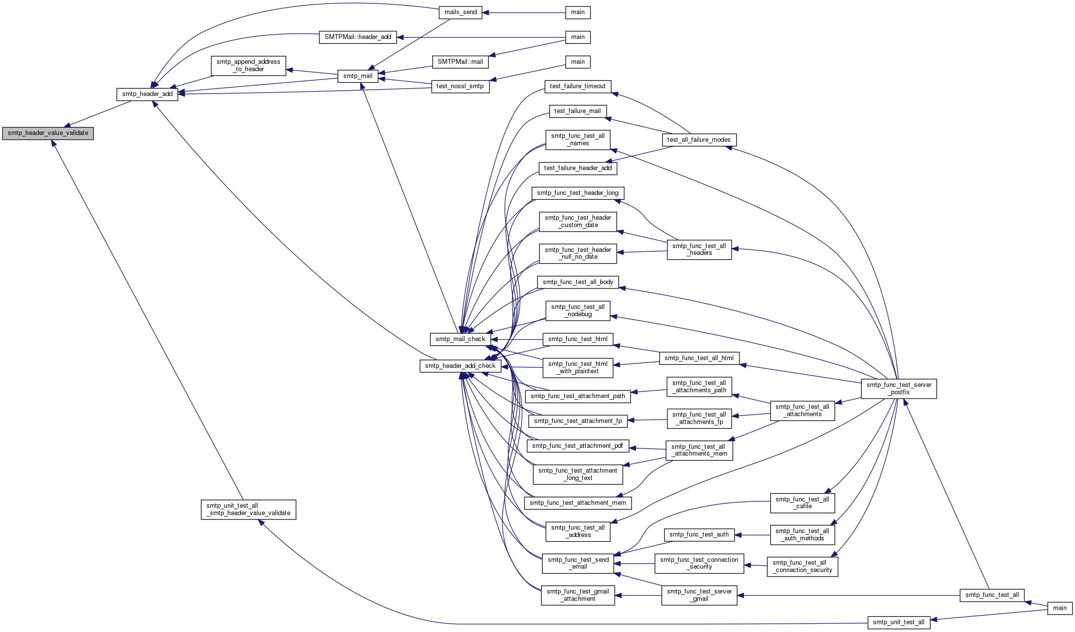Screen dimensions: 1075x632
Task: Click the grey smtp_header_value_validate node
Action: coord(48,133)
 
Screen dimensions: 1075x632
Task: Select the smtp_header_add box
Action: coord(148,94)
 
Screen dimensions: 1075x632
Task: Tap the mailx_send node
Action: coord(461,12)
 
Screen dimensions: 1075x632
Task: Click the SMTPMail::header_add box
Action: coord(358,37)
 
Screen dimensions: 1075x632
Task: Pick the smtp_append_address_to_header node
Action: coord(248,66)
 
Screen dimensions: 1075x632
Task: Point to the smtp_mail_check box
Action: coord(461,339)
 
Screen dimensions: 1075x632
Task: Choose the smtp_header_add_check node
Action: coord(461,366)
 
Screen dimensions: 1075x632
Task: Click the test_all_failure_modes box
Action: coord(699,140)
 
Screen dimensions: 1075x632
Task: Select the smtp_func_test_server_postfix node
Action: coord(899,389)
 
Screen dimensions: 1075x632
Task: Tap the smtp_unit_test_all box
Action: coord(899,622)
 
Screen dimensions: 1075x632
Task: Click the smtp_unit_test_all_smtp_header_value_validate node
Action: coord(248,510)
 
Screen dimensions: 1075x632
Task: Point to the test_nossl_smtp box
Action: coord(460,87)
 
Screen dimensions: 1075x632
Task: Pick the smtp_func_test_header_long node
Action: coord(578,193)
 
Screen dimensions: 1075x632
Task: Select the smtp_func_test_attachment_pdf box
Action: coord(577,446)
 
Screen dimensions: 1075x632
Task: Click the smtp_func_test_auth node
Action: coord(699,535)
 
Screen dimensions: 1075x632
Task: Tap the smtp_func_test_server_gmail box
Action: coord(699,595)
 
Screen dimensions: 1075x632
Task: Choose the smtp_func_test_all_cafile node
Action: coord(802,503)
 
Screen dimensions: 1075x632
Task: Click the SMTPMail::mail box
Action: coord(460,62)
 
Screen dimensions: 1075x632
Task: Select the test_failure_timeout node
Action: coord(578,87)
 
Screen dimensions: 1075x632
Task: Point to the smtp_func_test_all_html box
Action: coord(699,358)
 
